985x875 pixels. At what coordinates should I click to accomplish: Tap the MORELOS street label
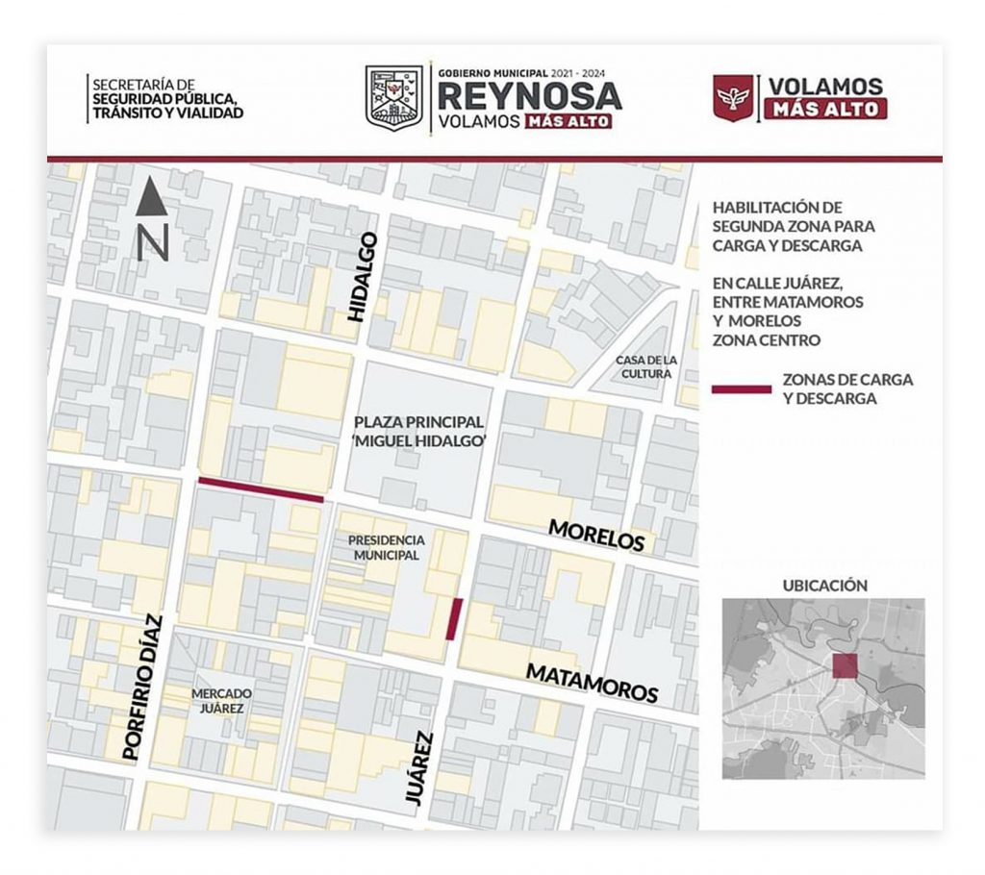(x=596, y=535)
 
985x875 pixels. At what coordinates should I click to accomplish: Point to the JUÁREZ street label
(x=416, y=768)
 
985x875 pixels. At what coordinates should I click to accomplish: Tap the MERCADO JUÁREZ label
(x=221, y=700)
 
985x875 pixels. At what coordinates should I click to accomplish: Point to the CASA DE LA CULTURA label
(x=645, y=366)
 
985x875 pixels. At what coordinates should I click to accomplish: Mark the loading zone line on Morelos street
(x=261, y=489)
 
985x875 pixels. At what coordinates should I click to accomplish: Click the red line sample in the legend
(x=741, y=389)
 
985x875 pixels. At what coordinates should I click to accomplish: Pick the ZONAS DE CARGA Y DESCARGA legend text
(x=846, y=389)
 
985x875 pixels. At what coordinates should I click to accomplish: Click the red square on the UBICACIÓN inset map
(x=846, y=666)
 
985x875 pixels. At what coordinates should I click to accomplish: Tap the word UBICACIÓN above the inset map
(x=824, y=585)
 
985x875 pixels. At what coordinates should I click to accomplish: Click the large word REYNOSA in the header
(x=529, y=96)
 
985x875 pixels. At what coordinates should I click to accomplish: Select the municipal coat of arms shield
(x=393, y=95)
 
